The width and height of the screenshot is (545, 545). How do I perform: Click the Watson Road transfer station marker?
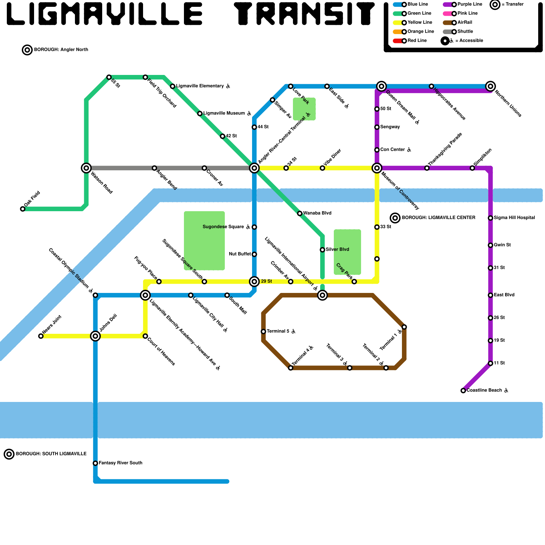[86, 168]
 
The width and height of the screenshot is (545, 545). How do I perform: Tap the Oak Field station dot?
[23, 209]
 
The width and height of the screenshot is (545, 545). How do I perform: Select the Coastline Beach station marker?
[463, 391]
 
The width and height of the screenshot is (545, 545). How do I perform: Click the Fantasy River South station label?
[120, 463]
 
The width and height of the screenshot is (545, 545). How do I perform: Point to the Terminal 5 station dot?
[263, 331]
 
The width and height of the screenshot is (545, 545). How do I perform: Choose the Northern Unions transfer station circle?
[490, 86]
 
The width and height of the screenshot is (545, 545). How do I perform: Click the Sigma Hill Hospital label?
[514, 218]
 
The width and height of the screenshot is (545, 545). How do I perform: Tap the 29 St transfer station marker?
[254, 281]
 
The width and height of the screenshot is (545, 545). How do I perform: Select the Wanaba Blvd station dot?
[300, 214]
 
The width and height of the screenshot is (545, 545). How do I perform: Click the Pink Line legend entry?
[467, 13]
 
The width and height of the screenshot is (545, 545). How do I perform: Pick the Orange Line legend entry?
[420, 32]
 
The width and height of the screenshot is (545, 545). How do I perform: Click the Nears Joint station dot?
[41, 336]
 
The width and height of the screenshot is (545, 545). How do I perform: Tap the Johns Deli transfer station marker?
[95, 336]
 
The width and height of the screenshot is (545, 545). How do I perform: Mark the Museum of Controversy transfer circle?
[377, 168]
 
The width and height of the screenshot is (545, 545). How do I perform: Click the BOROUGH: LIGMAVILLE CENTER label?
[438, 218]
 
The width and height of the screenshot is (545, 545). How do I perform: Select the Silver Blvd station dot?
[322, 250]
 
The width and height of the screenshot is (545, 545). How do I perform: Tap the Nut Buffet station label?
[240, 254]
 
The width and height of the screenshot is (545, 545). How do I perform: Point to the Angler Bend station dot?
[154, 168]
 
